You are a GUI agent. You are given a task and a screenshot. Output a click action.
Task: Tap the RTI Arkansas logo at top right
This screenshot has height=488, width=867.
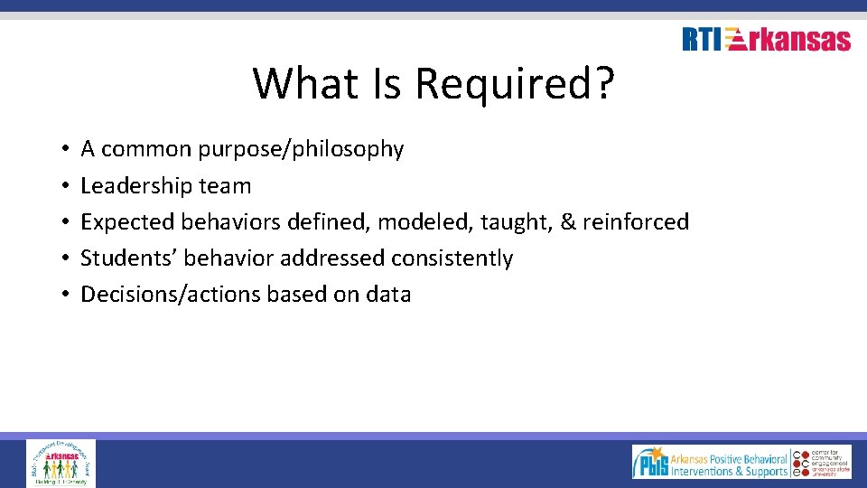766,40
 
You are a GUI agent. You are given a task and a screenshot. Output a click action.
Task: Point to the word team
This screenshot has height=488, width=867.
225,186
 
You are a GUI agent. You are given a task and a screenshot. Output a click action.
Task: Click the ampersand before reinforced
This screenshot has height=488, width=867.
568,222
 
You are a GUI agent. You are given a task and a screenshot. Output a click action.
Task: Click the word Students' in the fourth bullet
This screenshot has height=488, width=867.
129,258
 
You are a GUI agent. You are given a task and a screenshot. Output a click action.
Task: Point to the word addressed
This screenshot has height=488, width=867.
332,258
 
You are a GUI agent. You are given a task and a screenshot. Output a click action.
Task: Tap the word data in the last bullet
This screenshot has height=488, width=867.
388,295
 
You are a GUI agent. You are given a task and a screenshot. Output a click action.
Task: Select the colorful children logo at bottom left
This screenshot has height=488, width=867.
61,463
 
